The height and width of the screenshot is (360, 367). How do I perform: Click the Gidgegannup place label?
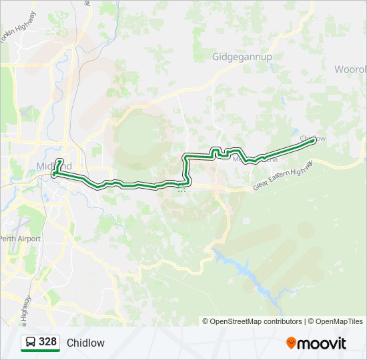click(x=242, y=57)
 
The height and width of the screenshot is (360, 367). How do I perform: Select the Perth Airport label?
click(x=20, y=239)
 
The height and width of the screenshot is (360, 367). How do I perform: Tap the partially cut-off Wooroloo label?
click(x=351, y=69)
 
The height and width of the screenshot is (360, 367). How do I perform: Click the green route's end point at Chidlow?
click(x=313, y=140)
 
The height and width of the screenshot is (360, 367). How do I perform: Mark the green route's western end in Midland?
click(x=53, y=173)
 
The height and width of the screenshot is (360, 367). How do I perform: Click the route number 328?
click(x=47, y=342)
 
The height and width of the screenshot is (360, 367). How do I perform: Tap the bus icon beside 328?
click(x=31, y=343)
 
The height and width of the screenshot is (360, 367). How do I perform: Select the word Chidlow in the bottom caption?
click(x=85, y=343)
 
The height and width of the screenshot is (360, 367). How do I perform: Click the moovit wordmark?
click(x=322, y=343)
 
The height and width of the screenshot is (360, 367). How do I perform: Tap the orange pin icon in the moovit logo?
click(x=291, y=343)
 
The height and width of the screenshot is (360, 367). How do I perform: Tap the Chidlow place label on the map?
click(x=312, y=138)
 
